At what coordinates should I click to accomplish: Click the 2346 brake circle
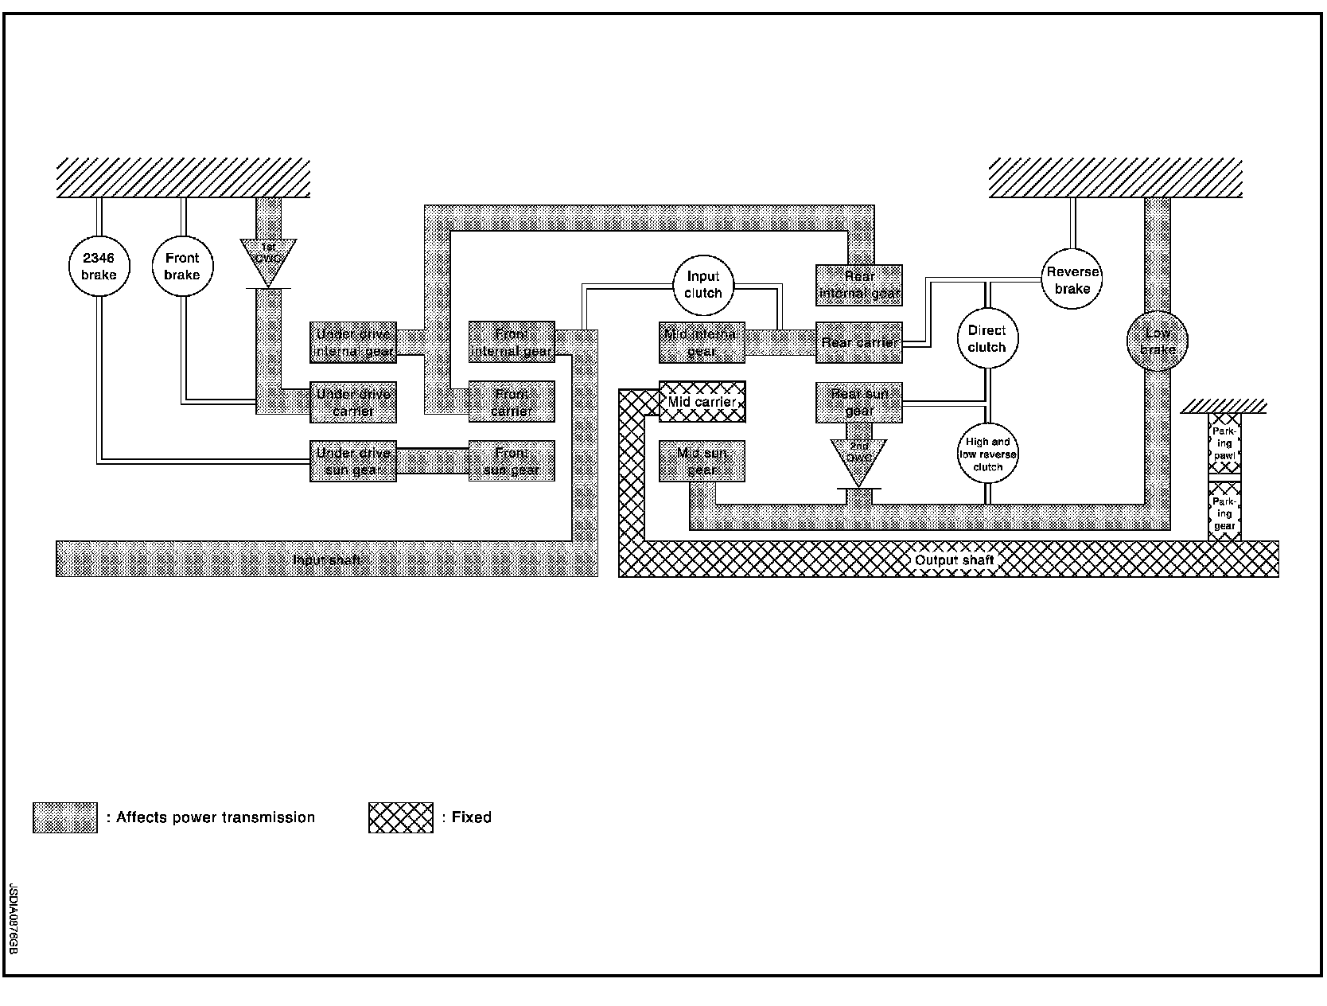pyautogui.click(x=99, y=267)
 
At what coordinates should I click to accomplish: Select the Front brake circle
pyautogui.click(x=182, y=267)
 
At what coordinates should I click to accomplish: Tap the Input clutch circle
pyautogui.click(x=703, y=285)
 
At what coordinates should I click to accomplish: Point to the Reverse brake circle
pyautogui.click(x=1072, y=279)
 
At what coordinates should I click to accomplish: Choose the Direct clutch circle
pyautogui.click(x=987, y=339)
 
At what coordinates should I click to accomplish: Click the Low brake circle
pyautogui.click(x=1157, y=341)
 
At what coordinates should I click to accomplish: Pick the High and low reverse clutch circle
pyautogui.click(x=987, y=454)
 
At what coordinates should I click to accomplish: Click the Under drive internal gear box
pyautogui.click(x=353, y=342)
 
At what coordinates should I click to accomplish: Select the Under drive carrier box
pyautogui.click(x=353, y=402)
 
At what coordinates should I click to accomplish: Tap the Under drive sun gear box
pyautogui.click(x=353, y=461)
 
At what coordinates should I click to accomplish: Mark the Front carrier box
pyautogui.click(x=512, y=402)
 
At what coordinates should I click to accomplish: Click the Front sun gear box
pyautogui.click(x=512, y=461)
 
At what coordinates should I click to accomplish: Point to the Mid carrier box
pyautogui.click(x=702, y=401)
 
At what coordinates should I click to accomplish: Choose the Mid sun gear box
pyautogui.click(x=702, y=461)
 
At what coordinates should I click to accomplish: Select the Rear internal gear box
pyautogui.click(x=859, y=285)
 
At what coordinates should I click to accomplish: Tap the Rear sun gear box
pyautogui.click(x=859, y=402)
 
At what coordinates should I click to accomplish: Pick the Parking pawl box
pyautogui.click(x=1224, y=443)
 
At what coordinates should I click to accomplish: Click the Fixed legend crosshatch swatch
pyautogui.click(x=401, y=817)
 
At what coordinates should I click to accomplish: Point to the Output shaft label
pyautogui.click(x=954, y=560)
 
